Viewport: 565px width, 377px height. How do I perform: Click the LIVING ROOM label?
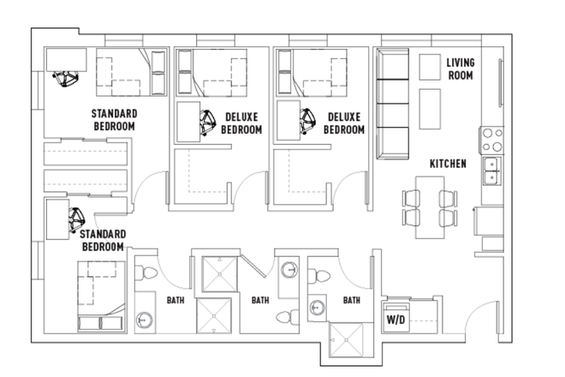pyautogui.click(x=461, y=69)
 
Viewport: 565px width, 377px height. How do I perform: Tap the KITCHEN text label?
pyautogui.click(x=448, y=164)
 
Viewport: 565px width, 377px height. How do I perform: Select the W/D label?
pyautogui.click(x=395, y=320)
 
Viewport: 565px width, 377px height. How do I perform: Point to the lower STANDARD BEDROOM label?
pyautogui.click(x=104, y=240)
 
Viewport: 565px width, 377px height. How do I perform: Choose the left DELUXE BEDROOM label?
pyautogui.click(x=241, y=123)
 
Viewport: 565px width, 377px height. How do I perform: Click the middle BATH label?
pyautogui.click(x=261, y=301)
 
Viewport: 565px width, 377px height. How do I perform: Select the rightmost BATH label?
pyautogui.click(x=351, y=301)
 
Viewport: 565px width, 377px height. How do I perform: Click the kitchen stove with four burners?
pyautogui.click(x=491, y=139)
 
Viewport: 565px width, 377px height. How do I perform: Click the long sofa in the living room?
pyautogui.click(x=393, y=103)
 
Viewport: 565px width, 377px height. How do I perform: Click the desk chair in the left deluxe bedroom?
pyautogui.click(x=206, y=123)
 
